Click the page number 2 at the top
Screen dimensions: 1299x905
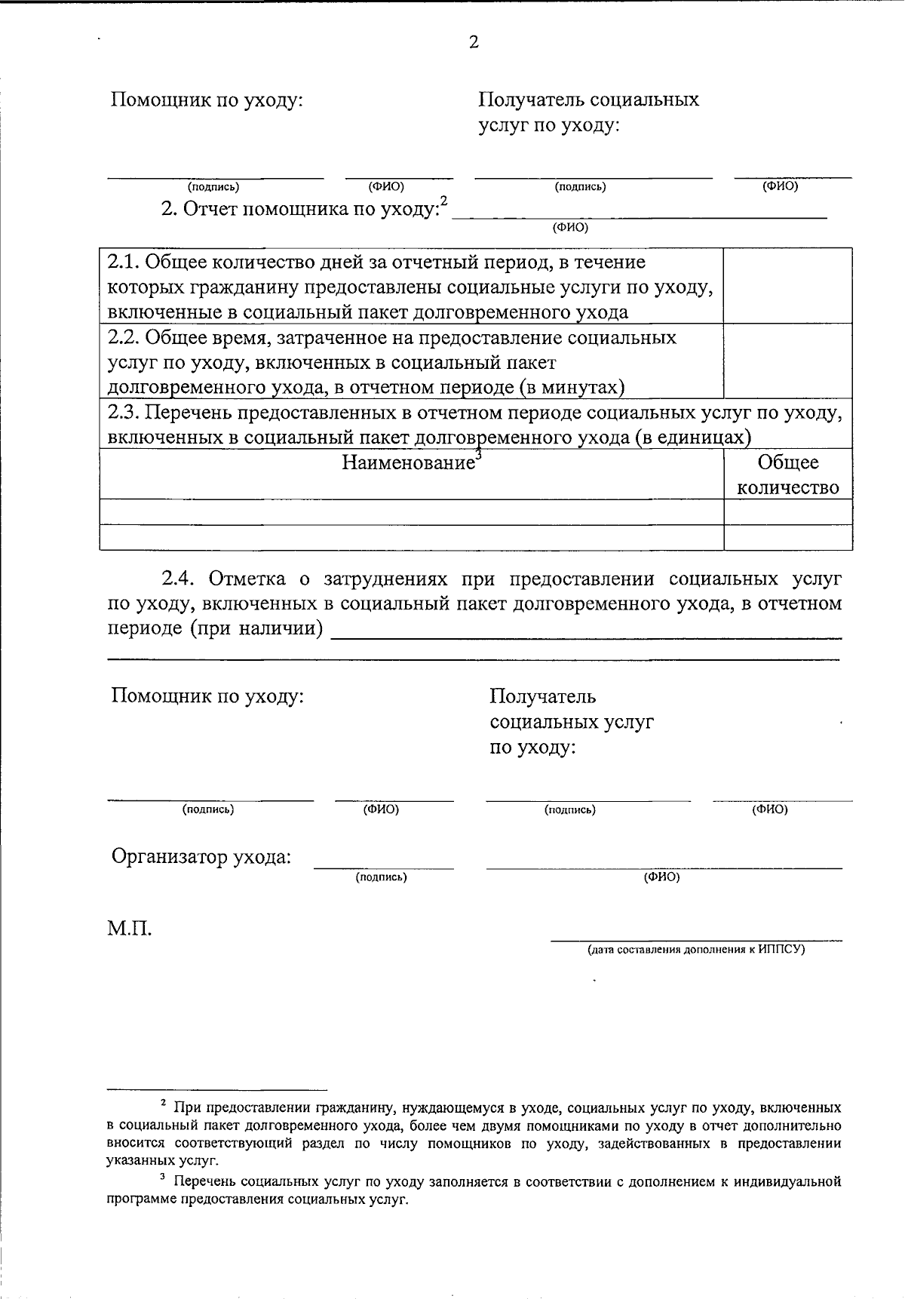474,43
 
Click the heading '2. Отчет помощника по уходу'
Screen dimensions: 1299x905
299,209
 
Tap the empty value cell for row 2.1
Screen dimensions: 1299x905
787,286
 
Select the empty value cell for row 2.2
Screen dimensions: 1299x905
787,361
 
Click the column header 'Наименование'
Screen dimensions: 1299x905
408,462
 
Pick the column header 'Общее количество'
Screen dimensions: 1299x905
787,474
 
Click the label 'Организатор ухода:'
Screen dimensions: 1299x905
201,857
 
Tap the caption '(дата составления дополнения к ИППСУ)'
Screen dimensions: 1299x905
696,950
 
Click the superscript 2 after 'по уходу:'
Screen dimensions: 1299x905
444,201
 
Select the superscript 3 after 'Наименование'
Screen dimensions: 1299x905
478,455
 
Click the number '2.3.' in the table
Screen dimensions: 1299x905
123,413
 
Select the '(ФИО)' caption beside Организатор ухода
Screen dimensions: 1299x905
661,877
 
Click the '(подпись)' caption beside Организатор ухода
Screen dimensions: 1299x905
381,877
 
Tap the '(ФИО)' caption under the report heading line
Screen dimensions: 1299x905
570,227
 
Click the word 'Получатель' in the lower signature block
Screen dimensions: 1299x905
542,696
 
